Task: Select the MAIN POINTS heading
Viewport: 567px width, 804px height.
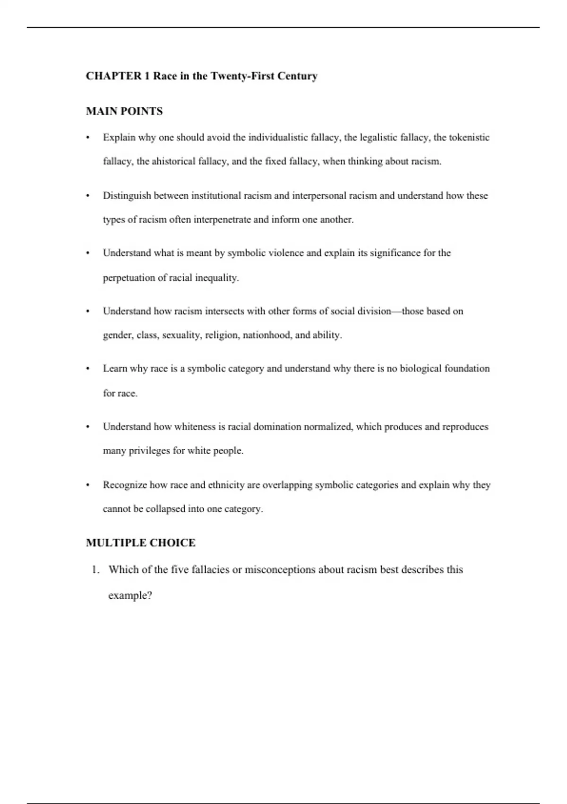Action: coord(124,112)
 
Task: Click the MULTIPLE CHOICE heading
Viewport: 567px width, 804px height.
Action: coord(141,543)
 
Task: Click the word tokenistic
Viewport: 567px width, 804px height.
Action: coord(469,138)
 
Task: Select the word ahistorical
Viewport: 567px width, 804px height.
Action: coord(173,161)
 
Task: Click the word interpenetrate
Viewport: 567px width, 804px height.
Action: coord(222,219)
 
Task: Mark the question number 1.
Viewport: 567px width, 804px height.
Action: coord(95,570)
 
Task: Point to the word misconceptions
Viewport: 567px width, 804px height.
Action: coord(280,570)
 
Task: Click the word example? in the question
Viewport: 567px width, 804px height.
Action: coord(130,595)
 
